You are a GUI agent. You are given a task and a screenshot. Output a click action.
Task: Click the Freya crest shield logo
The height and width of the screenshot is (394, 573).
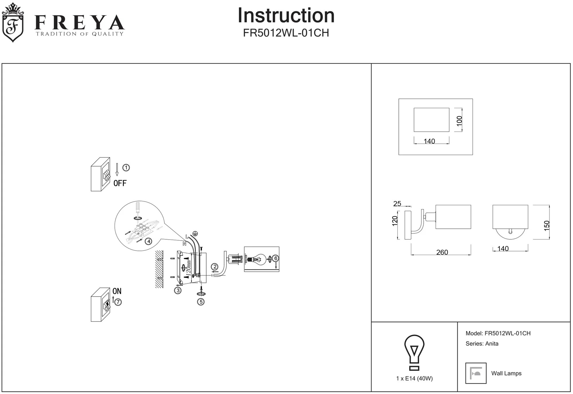pyautogui.click(x=13, y=23)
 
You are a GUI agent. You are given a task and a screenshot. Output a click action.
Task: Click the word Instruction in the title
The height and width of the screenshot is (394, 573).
pyautogui.click(x=286, y=15)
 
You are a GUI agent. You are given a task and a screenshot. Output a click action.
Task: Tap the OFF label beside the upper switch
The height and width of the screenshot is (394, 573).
pyautogui.click(x=120, y=183)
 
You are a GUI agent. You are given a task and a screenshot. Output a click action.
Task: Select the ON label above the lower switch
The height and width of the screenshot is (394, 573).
pyautogui.click(x=117, y=291)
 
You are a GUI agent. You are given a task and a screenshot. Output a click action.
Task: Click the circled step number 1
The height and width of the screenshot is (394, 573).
pyautogui.click(x=126, y=168)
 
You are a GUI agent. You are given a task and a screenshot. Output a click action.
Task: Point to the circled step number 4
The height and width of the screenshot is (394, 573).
pyautogui.click(x=148, y=241)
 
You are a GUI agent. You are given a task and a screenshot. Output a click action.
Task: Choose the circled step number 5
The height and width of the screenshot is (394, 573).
pyautogui.click(x=201, y=302)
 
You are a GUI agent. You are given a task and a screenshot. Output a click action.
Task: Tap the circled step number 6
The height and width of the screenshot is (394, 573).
pyautogui.click(x=276, y=258)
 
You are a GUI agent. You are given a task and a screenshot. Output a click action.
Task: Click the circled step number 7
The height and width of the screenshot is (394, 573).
pyautogui.click(x=118, y=302)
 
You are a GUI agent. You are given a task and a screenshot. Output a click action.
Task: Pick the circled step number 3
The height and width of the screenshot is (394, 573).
pyautogui.click(x=178, y=290)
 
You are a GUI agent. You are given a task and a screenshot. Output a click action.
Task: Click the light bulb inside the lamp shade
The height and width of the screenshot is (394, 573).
pyautogui.click(x=258, y=259)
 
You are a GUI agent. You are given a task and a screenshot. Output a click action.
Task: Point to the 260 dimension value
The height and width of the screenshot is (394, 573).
pyautogui.click(x=442, y=252)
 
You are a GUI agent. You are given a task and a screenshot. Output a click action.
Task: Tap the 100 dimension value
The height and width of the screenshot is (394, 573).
pyautogui.click(x=460, y=121)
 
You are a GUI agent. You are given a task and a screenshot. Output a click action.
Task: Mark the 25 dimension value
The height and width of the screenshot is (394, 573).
pyautogui.click(x=397, y=204)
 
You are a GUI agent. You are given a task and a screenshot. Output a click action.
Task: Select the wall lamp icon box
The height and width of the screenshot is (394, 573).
pyautogui.click(x=476, y=373)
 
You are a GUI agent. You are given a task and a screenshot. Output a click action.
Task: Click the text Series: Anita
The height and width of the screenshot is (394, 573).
pyautogui.click(x=482, y=344)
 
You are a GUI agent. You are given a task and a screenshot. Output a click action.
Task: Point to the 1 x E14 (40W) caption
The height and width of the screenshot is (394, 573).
pyautogui.click(x=414, y=379)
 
